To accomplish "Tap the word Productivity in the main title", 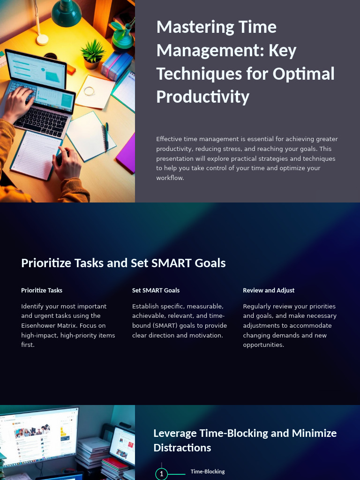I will pos(202,97).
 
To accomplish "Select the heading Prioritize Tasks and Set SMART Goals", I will pos(123,263).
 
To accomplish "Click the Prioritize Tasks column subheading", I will pos(42,291).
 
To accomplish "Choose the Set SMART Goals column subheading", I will pos(156,291).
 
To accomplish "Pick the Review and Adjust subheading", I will pos(269,291).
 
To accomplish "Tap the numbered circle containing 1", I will pos(161,474).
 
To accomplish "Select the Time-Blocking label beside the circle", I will pos(208,472).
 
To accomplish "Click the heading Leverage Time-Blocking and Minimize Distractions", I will pos(245,440).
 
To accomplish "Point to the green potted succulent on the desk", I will pos(93,53).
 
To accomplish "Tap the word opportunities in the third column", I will pos(263,345).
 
